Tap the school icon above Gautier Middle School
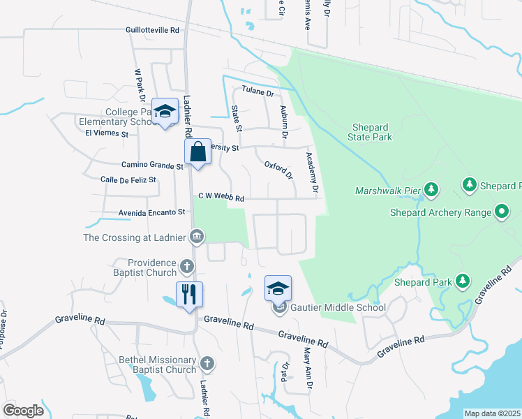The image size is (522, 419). [x=278, y=288]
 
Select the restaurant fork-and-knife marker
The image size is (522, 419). [x=189, y=294]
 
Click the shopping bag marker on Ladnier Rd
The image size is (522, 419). [x=198, y=152]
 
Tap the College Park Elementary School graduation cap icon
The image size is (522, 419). [x=165, y=112]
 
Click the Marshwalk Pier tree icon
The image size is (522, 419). [x=431, y=189]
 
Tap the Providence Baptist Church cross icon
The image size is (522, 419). [x=186, y=266]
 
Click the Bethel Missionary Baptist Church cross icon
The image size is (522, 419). [x=207, y=363]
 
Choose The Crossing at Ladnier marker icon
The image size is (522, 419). [x=197, y=237]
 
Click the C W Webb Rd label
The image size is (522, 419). [x=221, y=198]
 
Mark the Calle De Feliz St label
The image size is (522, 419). [x=128, y=180]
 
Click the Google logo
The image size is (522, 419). [x=23, y=411]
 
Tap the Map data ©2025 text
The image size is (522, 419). [x=492, y=413]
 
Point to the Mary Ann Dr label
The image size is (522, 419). [x=307, y=371]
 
